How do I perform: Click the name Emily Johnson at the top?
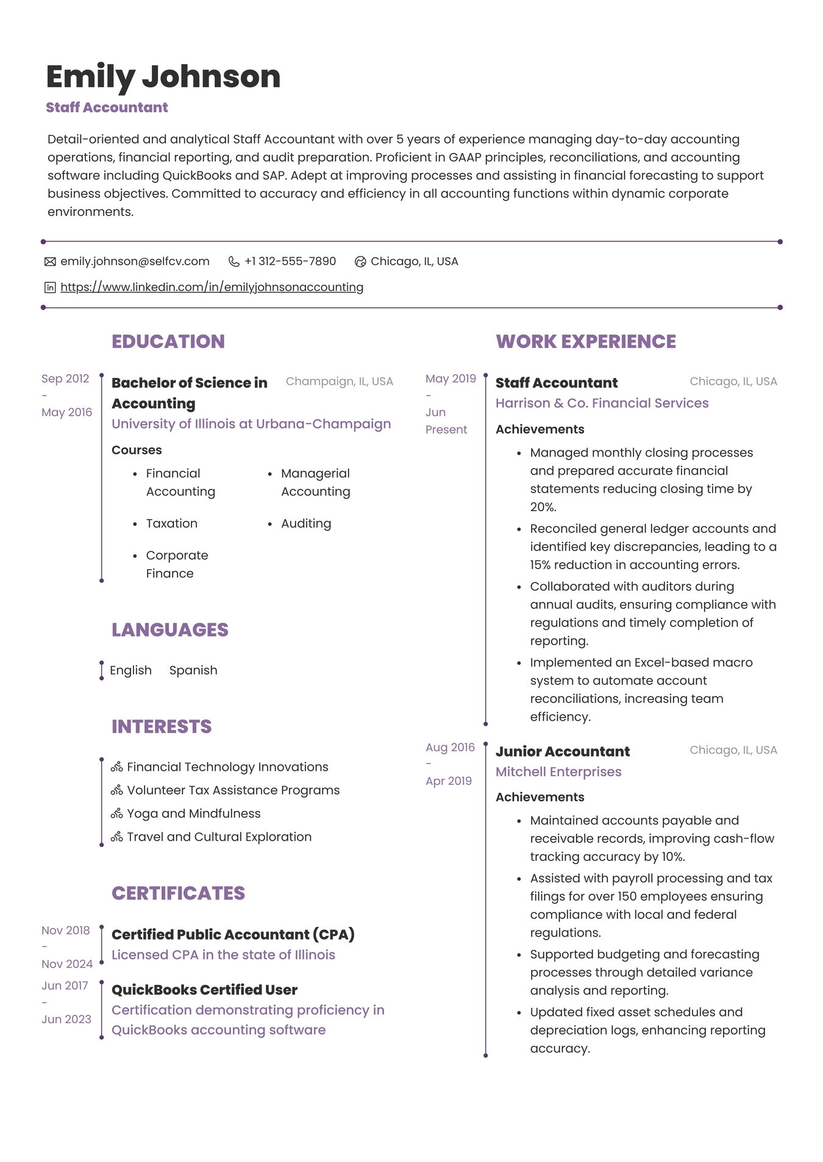[163, 77]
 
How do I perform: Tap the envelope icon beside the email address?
[50, 262]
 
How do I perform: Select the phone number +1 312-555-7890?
[290, 261]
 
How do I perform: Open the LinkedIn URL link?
[212, 287]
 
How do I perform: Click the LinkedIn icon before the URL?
[50, 288]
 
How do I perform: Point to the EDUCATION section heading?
[168, 341]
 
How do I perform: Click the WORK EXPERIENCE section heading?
[585, 341]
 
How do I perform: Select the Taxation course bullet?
[171, 523]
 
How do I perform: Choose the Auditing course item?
[305, 523]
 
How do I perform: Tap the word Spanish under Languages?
[193, 670]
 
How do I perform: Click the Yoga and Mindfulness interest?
[193, 813]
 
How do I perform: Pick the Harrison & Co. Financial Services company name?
[602, 403]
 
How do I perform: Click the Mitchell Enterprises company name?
[558, 772]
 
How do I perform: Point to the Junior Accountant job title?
[562, 751]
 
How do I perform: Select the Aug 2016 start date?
[450, 748]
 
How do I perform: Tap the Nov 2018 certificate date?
[65, 930]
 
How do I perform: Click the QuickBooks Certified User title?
[204, 990]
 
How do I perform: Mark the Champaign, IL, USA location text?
[339, 381]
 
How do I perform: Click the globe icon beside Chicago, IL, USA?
[360, 262]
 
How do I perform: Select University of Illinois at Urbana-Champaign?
[251, 424]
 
